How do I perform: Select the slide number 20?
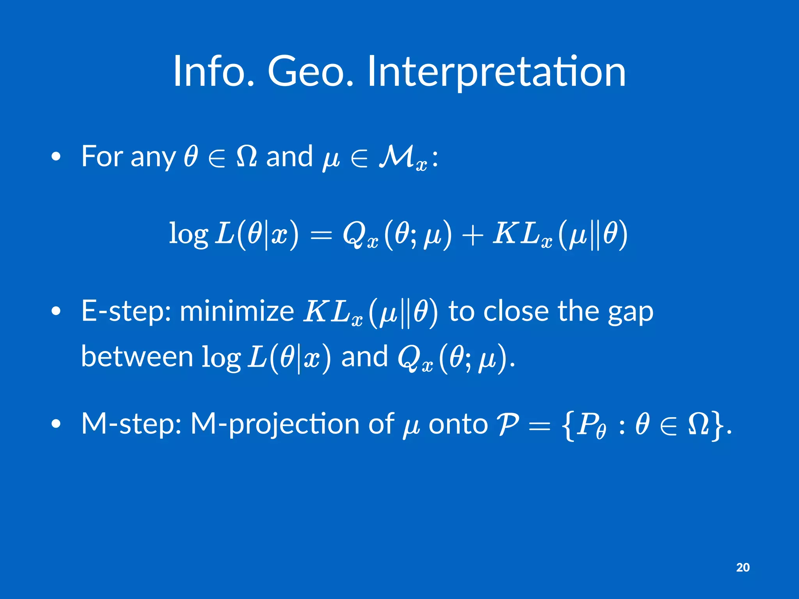[x=743, y=567]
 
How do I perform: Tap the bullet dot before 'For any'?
[x=56, y=157]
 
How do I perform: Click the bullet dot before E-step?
[x=56, y=312]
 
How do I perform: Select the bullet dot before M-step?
[x=56, y=424]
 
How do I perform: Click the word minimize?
[x=237, y=312]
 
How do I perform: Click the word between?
[x=137, y=356]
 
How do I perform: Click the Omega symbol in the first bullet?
[x=247, y=156]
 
